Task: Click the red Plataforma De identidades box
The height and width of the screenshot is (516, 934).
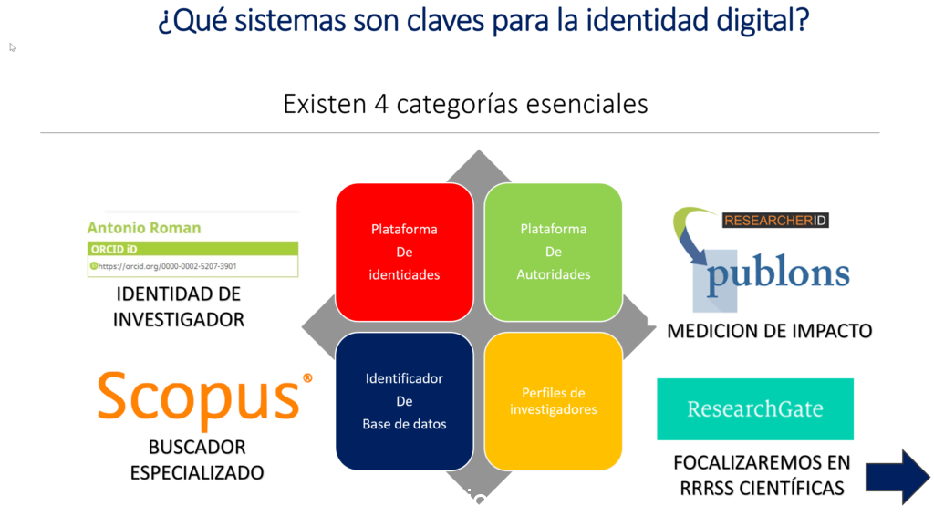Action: point(404,252)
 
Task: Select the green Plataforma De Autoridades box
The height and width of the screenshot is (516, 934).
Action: point(553,252)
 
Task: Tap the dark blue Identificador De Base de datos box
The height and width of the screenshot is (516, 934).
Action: point(404,401)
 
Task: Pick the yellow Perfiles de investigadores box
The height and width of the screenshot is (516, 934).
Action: point(553,401)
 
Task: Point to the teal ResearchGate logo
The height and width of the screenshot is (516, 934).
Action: point(755,409)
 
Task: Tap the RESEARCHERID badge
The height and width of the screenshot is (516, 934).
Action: point(774,220)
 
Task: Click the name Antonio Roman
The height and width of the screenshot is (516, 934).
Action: point(144,228)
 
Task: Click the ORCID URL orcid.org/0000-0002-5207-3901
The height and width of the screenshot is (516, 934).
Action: point(168,266)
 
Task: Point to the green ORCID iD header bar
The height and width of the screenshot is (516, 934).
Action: point(192,248)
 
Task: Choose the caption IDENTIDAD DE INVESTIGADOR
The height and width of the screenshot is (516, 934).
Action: point(179,307)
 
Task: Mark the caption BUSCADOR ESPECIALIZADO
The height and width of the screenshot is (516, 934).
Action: point(196,460)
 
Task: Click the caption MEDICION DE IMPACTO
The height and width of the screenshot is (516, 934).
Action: point(769,331)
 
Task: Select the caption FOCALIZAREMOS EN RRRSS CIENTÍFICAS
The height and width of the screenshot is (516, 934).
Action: point(762,475)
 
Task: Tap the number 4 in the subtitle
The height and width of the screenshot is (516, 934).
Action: point(382,104)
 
